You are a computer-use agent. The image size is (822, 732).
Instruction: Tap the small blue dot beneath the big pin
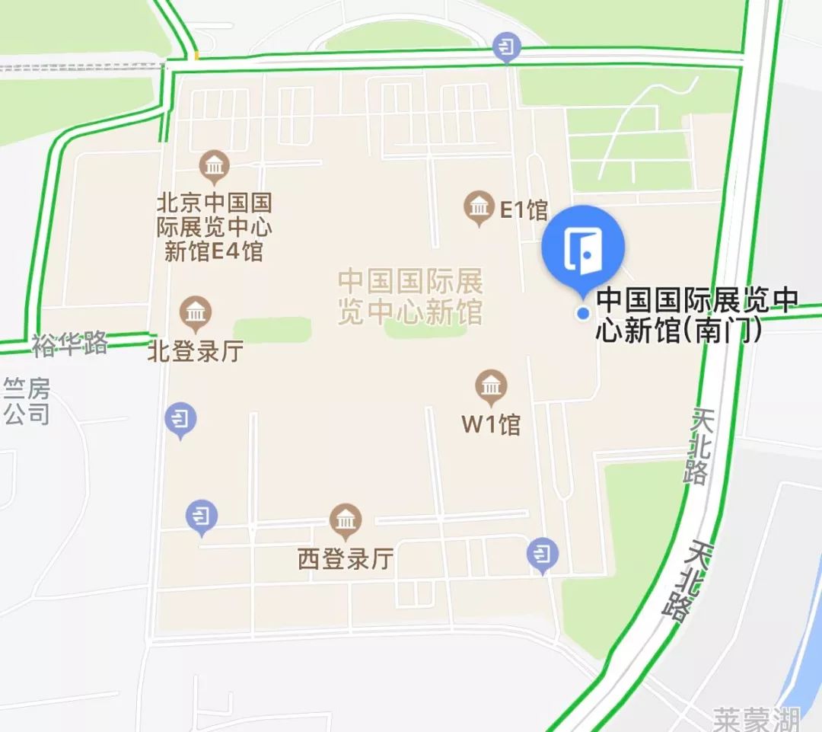[x=583, y=313]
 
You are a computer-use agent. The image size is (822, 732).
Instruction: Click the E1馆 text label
[x=524, y=209]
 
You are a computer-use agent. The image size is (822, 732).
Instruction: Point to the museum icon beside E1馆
[x=479, y=206]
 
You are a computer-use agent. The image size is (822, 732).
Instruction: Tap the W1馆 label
[x=491, y=424]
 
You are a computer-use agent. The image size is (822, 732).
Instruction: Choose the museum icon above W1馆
[x=491, y=387]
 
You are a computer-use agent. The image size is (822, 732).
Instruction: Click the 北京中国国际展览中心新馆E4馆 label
[x=214, y=227]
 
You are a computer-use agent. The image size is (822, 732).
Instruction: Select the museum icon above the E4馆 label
[x=215, y=165]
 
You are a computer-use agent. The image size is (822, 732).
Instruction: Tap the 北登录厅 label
[x=195, y=352]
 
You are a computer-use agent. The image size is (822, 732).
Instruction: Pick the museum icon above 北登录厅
[x=196, y=313]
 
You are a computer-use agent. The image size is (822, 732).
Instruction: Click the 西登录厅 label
[x=346, y=560]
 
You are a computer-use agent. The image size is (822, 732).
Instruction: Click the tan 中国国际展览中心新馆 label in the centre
[x=410, y=297]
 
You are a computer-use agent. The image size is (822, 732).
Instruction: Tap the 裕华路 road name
[x=69, y=344]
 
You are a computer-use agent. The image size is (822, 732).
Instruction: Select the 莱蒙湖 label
[x=757, y=718]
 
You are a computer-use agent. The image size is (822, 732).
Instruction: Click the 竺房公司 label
[x=27, y=401]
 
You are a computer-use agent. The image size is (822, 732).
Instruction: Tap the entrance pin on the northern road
[x=505, y=48]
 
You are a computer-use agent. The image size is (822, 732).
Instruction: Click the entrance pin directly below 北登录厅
[x=180, y=419]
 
